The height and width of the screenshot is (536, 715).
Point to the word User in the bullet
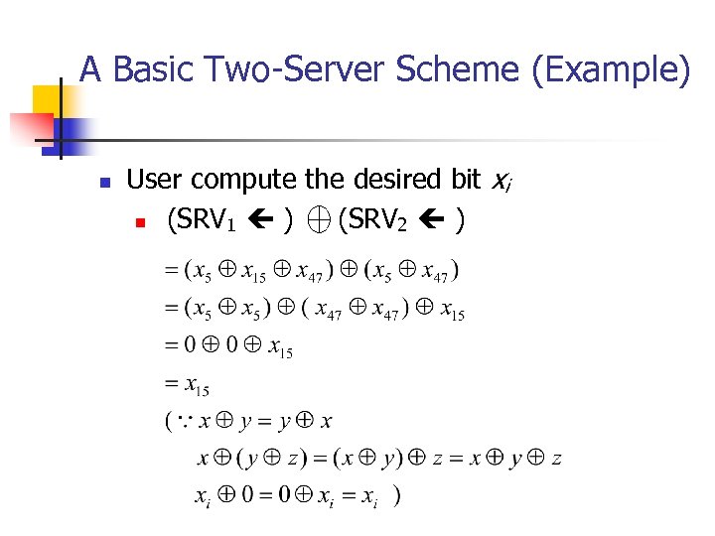coord(156,180)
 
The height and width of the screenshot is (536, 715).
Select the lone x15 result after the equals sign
coord(195,385)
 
